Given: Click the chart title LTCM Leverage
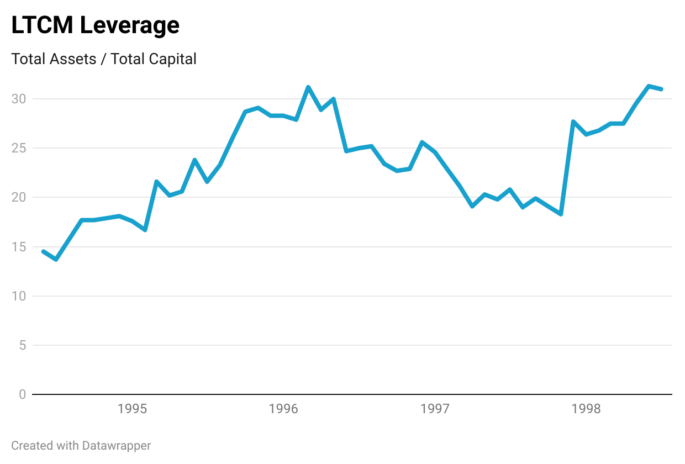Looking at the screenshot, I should (x=96, y=25).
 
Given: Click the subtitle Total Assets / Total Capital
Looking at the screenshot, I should (x=104, y=59).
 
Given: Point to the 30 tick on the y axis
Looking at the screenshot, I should (x=19, y=99).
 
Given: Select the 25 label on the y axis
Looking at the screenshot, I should (x=19, y=148).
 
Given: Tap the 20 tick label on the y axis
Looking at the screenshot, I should (x=19, y=197).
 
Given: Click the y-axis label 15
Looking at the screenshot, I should (x=19, y=246).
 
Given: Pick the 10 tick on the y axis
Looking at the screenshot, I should (x=19, y=296).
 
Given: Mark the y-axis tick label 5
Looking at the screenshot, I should (x=22, y=345).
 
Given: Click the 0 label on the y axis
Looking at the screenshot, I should (x=22, y=394).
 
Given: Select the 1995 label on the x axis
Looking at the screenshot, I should (x=132, y=409).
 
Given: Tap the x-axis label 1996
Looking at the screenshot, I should (x=283, y=409).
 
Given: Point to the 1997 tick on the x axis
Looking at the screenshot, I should (x=435, y=409).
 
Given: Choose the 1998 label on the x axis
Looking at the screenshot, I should (x=586, y=409).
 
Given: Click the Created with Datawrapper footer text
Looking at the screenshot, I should (x=81, y=445).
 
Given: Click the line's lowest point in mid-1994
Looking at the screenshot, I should (x=56, y=259).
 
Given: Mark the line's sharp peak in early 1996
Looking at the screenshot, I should (x=308, y=87).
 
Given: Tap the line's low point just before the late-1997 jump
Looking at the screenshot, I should (x=561, y=214).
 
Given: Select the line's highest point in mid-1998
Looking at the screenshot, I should (x=649, y=86).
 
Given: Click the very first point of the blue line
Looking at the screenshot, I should (x=44, y=251).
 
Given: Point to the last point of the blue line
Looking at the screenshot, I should (x=661, y=89).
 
